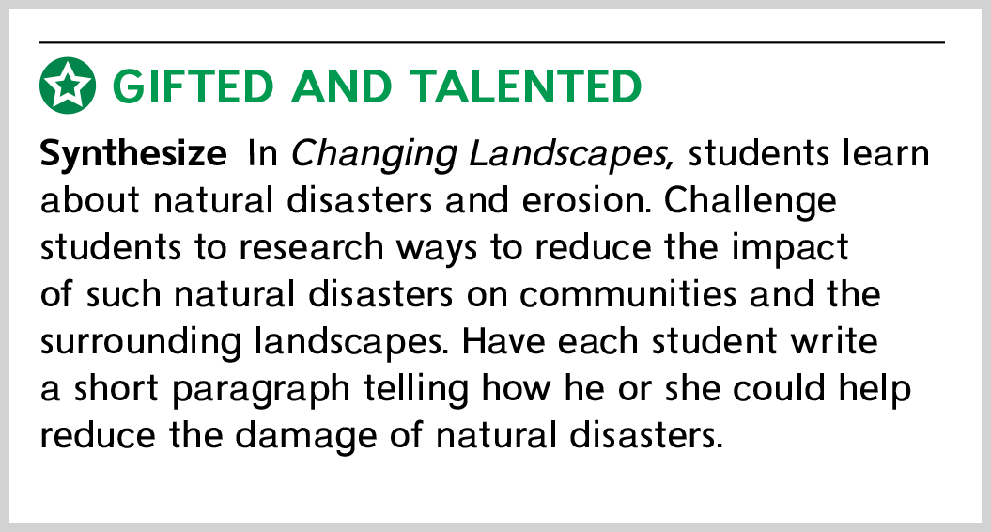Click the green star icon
tap(68, 86)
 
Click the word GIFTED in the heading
tap(194, 86)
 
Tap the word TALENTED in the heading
tap(525, 86)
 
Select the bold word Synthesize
tap(133, 154)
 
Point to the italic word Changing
tap(373, 154)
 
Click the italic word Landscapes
tap(572, 154)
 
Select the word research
tap(311, 248)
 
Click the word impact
tap(789, 249)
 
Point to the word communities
tap(628, 295)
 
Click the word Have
tap(503, 341)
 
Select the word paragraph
tap(260, 390)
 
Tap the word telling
tap(416, 390)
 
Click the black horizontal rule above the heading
tap(492, 42)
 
